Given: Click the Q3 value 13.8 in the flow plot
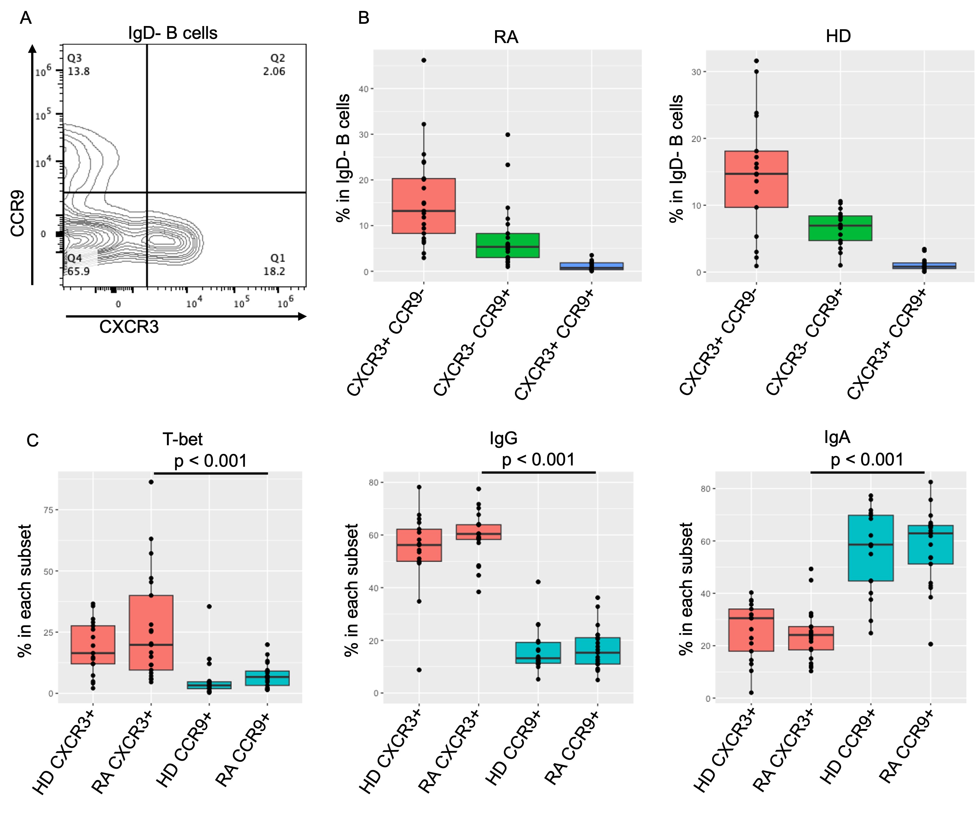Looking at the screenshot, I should click(x=79, y=71).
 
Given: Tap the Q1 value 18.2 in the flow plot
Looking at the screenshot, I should click(x=274, y=271).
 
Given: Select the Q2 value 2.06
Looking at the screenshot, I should click(x=274, y=71).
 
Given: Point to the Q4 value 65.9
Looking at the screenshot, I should click(x=79, y=271).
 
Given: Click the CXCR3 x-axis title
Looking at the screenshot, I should click(x=129, y=327).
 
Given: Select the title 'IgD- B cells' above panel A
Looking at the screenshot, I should click(x=173, y=33).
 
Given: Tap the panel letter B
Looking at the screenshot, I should click(x=364, y=18).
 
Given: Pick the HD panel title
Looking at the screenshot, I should click(x=838, y=36).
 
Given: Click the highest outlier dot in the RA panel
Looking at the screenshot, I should click(x=424, y=60).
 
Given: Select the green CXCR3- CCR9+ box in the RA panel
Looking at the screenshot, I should click(x=508, y=245).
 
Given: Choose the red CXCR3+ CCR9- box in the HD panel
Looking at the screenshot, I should click(x=756, y=179).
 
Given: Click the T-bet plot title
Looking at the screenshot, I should click(x=182, y=439).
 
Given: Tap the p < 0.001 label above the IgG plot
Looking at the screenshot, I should click(x=538, y=460).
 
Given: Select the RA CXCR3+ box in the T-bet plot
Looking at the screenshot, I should click(x=151, y=633).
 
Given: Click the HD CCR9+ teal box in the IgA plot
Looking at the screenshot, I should click(x=870, y=548).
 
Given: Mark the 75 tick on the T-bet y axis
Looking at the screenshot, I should click(x=49, y=510).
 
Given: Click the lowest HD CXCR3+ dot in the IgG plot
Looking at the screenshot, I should click(x=419, y=670).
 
